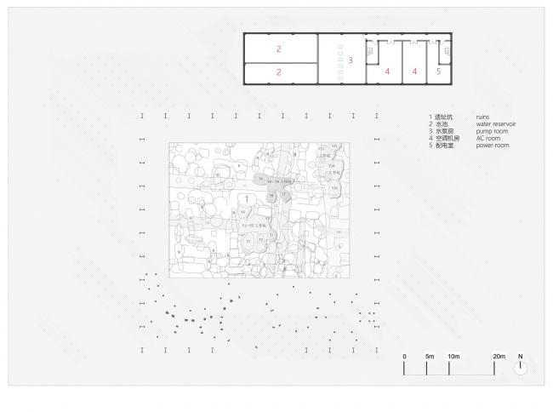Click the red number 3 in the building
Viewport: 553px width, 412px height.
click(x=350, y=60)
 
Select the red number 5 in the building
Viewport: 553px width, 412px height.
click(x=438, y=72)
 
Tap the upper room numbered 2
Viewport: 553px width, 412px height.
click(x=278, y=49)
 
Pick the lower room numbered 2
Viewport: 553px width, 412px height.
click(x=278, y=73)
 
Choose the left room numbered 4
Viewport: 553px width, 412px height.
click(x=387, y=72)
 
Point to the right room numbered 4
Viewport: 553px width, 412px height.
click(x=414, y=72)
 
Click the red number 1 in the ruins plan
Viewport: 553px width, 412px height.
click(x=247, y=198)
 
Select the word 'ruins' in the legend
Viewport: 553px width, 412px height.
click(x=486, y=117)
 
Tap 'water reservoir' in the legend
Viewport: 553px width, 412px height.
click(x=497, y=124)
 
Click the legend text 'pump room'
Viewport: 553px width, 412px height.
click(x=492, y=131)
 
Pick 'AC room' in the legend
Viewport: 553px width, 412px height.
click(x=489, y=139)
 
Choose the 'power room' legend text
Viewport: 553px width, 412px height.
click(x=493, y=146)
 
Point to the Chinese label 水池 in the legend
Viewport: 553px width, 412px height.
click(x=442, y=124)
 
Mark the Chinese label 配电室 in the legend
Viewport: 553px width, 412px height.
click(x=444, y=146)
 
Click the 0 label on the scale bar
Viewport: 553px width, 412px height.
click(x=405, y=355)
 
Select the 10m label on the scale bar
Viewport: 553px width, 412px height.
click(x=453, y=355)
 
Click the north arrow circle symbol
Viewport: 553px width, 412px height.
click(x=521, y=368)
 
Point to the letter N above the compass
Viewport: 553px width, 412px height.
click(x=521, y=355)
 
